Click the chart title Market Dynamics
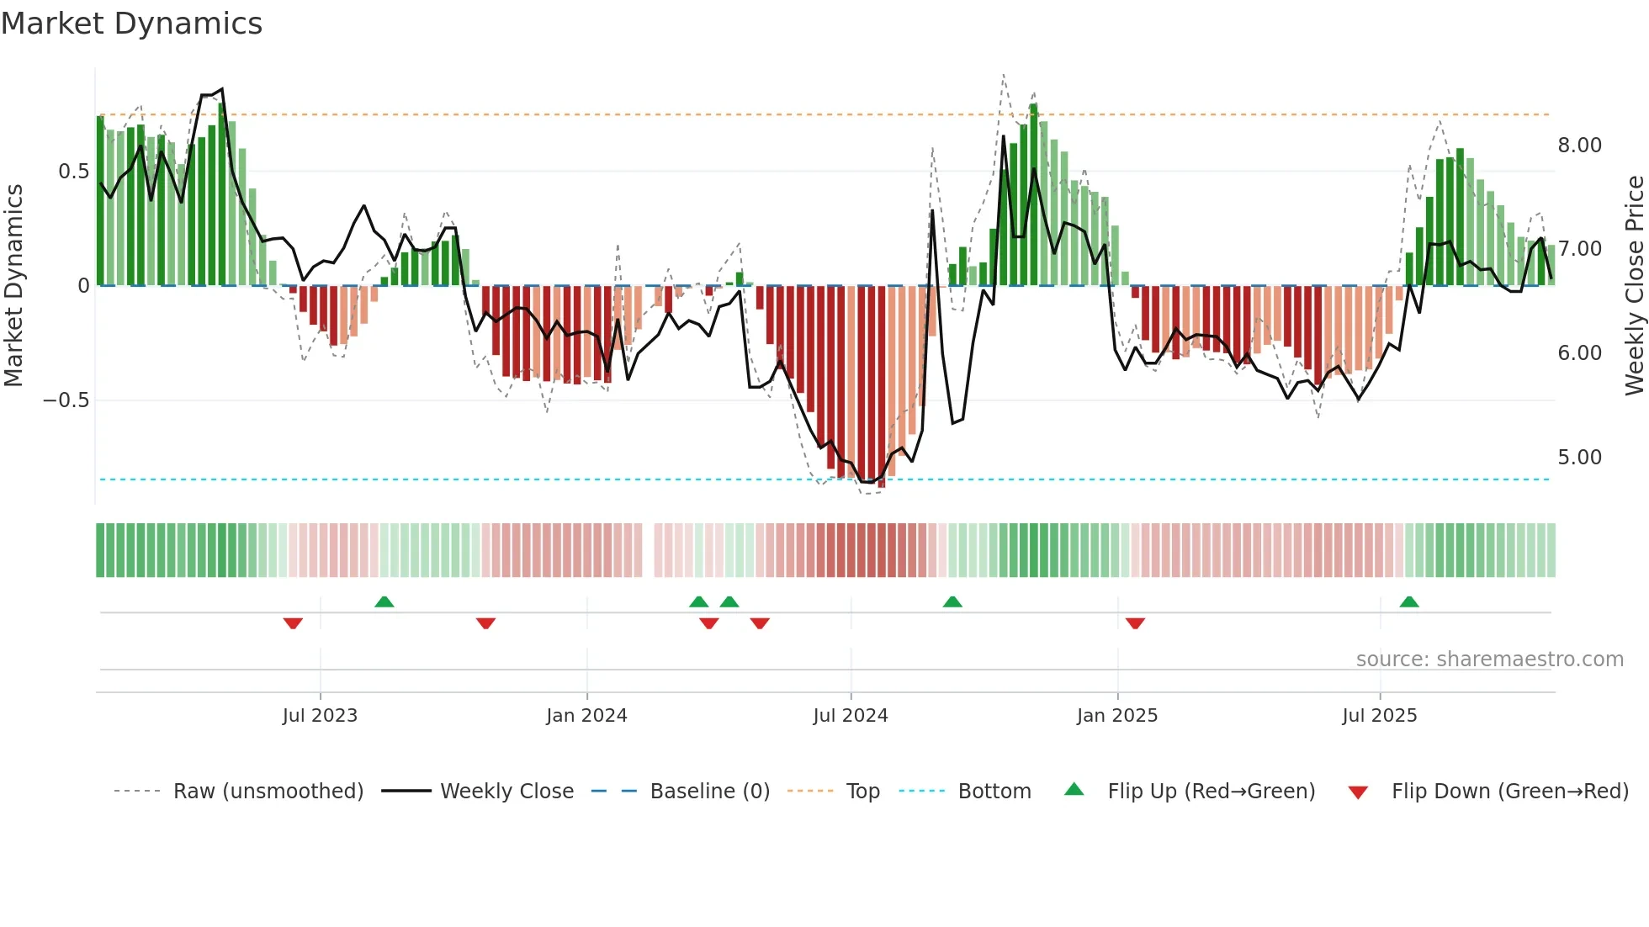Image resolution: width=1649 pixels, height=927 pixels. tap(132, 24)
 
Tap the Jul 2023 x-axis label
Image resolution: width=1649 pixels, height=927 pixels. tap(320, 716)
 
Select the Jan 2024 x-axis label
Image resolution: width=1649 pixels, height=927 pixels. tap(586, 716)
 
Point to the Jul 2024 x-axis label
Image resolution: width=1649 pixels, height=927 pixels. tap(851, 716)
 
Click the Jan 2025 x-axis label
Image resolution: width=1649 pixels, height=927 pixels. tap(1117, 716)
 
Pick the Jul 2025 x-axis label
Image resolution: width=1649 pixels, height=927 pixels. tap(1380, 716)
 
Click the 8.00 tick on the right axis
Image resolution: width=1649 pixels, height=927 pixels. tap(1579, 146)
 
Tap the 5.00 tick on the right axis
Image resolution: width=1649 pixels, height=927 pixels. tap(1579, 458)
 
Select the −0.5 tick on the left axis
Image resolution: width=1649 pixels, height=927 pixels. tap(66, 400)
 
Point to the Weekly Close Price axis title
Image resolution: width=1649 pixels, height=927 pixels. tap(1634, 285)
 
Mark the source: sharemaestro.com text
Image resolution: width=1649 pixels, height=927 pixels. tap(1489, 659)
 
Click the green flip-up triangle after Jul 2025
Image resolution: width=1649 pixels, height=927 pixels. tap(1409, 601)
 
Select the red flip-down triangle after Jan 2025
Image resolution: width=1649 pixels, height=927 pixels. tap(1135, 623)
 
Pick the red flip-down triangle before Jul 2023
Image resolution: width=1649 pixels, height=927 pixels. tap(293, 623)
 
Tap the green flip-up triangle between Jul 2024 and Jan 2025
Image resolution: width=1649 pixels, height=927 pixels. tap(952, 601)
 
